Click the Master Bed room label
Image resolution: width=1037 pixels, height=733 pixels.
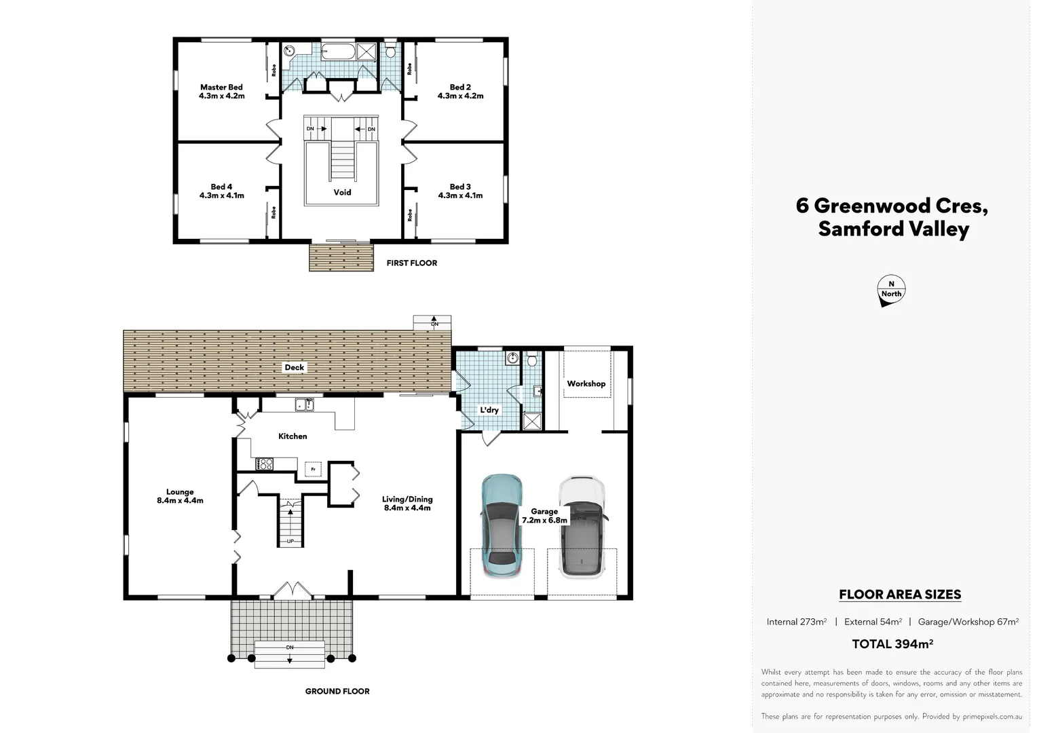point(222,91)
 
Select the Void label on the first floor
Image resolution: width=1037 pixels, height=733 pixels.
point(342,192)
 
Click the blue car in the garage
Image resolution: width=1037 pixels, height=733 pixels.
point(502,525)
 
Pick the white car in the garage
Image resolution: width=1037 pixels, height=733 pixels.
point(582,527)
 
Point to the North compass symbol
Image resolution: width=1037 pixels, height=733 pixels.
point(891,290)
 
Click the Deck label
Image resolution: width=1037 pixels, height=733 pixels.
point(295,367)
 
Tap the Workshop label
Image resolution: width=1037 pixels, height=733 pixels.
point(586,383)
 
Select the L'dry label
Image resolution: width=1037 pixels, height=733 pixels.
point(489,410)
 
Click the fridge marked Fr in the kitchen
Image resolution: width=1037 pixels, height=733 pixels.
point(314,469)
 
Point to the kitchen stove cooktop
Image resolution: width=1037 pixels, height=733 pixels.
point(265,464)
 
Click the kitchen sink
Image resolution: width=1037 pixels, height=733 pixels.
point(305,405)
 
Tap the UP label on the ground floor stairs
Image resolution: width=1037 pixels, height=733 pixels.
point(290,541)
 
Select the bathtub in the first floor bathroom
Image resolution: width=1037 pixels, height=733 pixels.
point(339,52)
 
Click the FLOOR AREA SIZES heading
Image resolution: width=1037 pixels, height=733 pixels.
point(900,594)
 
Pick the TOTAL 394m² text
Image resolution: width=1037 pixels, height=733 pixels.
point(892,644)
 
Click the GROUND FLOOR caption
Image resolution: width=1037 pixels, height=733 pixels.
point(337,692)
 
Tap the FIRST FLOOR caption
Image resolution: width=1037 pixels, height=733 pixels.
point(411,263)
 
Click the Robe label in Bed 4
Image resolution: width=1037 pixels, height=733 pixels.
point(274,212)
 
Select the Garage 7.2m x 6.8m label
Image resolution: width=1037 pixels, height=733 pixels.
point(544,516)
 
